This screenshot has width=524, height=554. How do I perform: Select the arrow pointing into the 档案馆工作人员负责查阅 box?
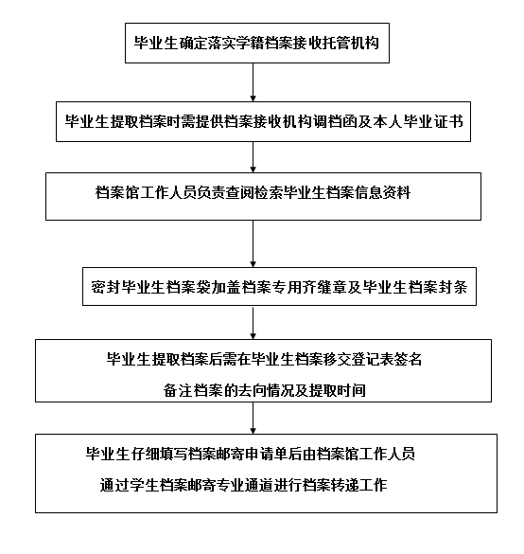(253, 158)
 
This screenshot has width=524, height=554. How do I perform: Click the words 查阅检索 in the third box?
(267, 193)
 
